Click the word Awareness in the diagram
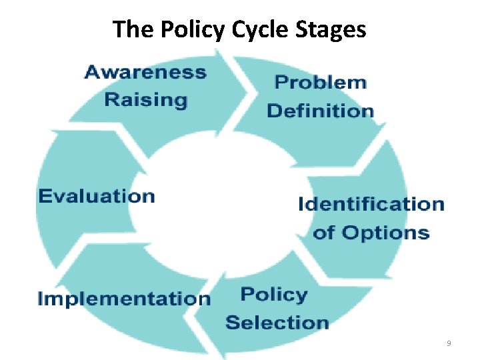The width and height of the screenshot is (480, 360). point(145,73)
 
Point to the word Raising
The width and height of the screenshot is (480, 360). point(146,100)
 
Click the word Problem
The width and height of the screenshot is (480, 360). point(320,83)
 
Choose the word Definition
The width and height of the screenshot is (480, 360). point(320,111)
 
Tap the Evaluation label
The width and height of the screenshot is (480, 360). point(97,196)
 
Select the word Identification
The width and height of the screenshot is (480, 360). point(371,204)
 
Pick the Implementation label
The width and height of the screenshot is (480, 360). point(124,298)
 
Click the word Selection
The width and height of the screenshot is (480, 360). point(277,323)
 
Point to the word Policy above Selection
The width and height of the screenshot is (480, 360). point(273,295)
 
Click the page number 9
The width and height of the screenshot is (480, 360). point(448,343)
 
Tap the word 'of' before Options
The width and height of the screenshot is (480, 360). point(325,233)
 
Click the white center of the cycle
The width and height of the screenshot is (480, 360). point(220,200)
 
